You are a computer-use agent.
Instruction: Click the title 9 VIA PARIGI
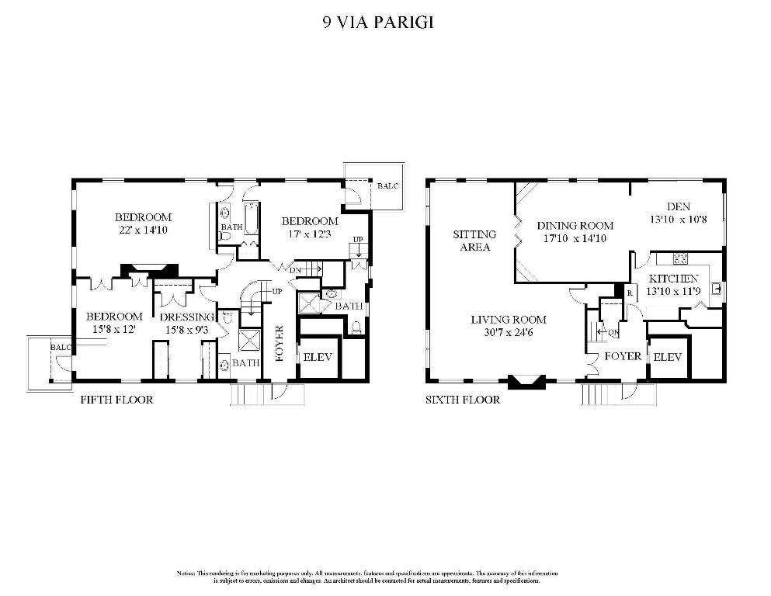tap(377, 22)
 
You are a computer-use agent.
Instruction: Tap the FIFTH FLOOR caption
tap(117, 400)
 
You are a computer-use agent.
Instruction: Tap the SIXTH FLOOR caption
tap(462, 400)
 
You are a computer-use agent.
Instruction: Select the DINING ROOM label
tap(575, 226)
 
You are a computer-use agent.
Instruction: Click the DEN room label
tap(678, 206)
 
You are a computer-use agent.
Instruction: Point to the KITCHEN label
tap(674, 279)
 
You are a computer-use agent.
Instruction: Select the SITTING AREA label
tap(472, 241)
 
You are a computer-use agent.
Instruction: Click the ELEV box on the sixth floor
tap(668, 357)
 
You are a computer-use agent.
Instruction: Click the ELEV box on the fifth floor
tap(319, 359)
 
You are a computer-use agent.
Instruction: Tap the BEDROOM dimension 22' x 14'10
tap(144, 230)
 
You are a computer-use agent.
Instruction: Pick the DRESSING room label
tap(187, 317)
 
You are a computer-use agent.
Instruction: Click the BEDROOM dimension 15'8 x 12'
tap(115, 330)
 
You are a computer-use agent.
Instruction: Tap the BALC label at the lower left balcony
tap(61, 348)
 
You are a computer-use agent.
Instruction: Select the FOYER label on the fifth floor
tap(280, 345)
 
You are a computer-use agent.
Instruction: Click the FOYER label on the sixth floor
tap(623, 356)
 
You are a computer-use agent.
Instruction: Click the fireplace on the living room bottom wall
tap(526, 381)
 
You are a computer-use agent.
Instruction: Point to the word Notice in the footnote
tap(187, 573)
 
